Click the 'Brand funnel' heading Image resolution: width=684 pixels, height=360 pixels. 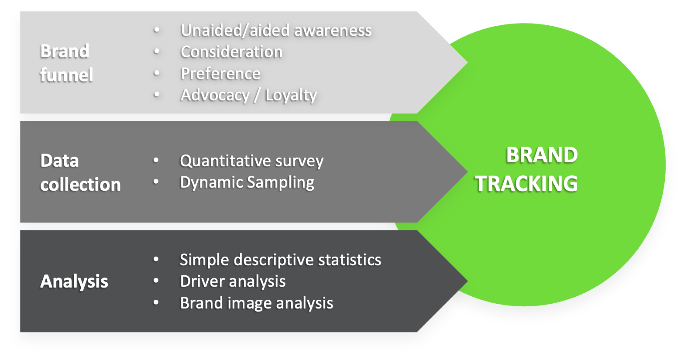coord(66,63)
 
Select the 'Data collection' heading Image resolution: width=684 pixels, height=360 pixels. coord(80,172)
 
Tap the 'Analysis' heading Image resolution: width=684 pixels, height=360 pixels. coord(74,281)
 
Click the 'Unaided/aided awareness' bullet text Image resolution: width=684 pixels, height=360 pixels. coord(276,30)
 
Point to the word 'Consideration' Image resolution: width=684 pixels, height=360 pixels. coord(231,52)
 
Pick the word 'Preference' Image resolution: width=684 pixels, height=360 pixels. coord(220,73)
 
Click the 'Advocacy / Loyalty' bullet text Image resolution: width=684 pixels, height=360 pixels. coord(248,95)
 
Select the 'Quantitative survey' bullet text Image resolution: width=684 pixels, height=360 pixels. coord(251,161)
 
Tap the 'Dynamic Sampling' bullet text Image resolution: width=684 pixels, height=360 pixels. coord(247,182)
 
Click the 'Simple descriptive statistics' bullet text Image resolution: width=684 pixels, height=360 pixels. coord(280,260)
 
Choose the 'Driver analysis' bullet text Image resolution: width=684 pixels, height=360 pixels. coord(233,281)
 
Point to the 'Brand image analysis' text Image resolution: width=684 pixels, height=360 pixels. coord(256,303)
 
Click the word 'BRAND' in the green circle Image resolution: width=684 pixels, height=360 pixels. coord(541,155)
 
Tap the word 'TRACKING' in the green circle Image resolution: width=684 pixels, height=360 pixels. coord(526,184)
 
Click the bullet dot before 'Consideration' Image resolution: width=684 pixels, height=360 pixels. coord(156,51)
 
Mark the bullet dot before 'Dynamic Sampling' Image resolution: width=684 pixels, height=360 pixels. coord(156,182)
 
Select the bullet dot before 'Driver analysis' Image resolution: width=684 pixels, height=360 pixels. coord(156,281)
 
